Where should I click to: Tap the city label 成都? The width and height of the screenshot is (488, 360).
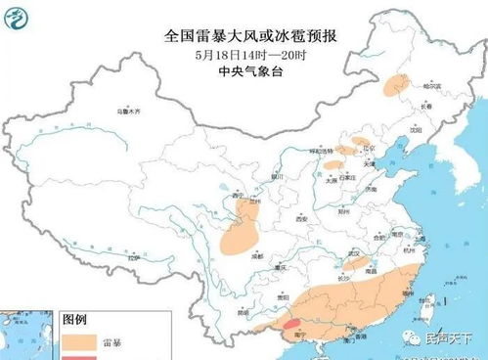(256, 254)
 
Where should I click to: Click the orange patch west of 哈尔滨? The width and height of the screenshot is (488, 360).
(396, 85)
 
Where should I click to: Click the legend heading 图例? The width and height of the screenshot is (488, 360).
(75, 320)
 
